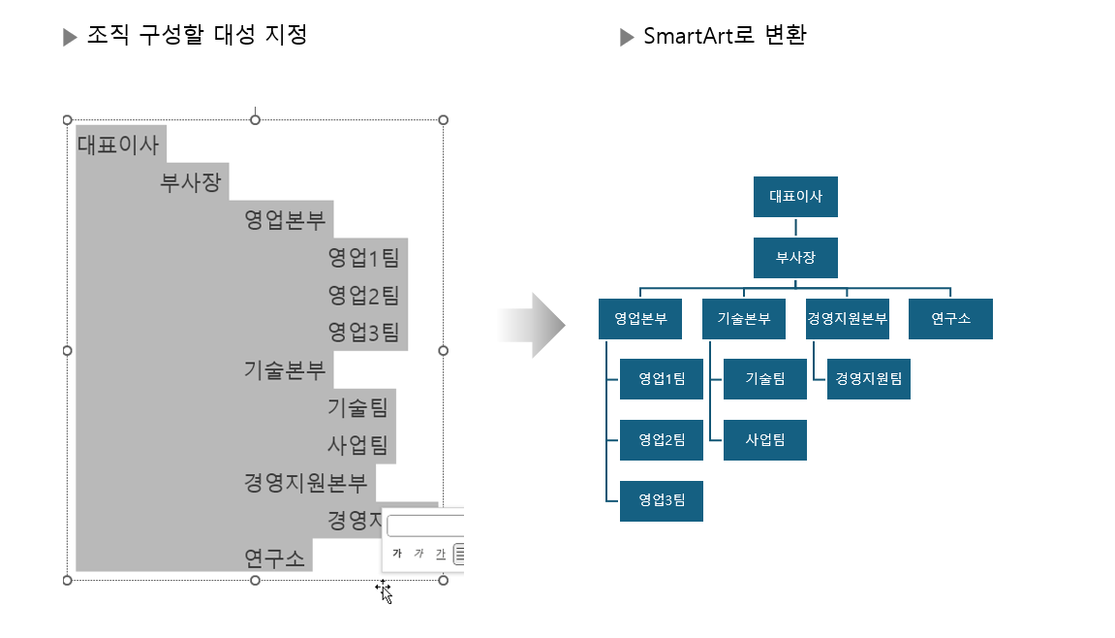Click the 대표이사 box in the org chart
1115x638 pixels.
(x=795, y=197)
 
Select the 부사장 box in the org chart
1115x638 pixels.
(x=795, y=258)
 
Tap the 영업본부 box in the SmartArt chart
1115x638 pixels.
(x=640, y=319)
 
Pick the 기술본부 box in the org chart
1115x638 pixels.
(x=743, y=319)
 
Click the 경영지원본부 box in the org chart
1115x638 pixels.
(x=847, y=319)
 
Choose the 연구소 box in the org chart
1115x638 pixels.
(x=950, y=319)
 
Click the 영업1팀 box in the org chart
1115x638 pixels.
(x=662, y=379)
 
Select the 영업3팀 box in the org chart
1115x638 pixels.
(x=662, y=500)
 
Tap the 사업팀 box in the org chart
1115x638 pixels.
(x=764, y=440)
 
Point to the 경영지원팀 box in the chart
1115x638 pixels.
(x=868, y=379)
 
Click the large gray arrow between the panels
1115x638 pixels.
(x=532, y=326)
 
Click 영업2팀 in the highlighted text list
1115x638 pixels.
(x=363, y=295)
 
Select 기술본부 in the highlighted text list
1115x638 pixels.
(x=286, y=369)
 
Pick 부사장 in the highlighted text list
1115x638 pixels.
(x=191, y=182)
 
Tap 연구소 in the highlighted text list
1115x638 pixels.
(x=274, y=558)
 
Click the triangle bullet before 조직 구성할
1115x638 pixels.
(x=70, y=38)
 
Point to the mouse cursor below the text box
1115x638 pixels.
(x=385, y=591)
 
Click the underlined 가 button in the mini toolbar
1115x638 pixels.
(x=441, y=554)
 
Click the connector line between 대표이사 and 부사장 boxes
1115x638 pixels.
(x=795, y=228)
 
